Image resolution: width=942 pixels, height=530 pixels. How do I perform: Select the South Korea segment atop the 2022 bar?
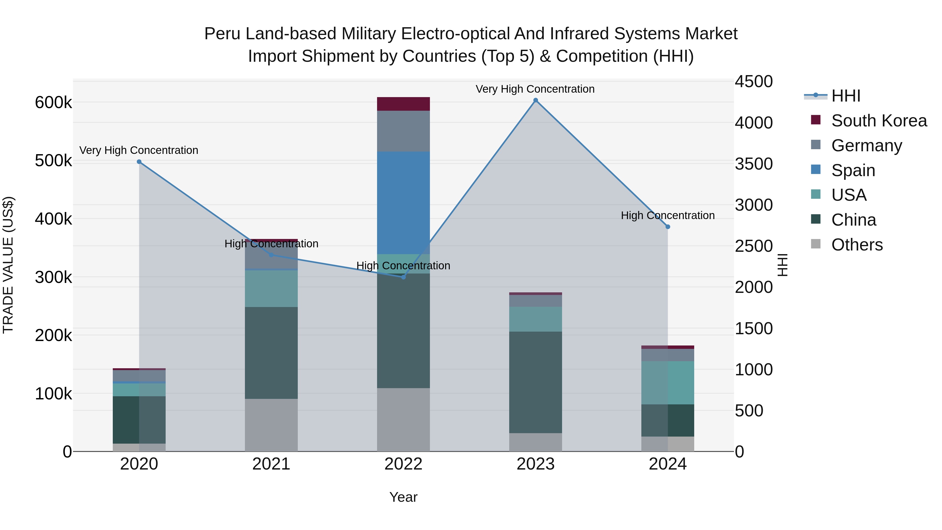click(x=403, y=104)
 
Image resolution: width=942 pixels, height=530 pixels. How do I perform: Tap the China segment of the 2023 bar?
click(x=535, y=382)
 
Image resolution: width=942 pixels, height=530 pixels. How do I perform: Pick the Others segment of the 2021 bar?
click(x=271, y=425)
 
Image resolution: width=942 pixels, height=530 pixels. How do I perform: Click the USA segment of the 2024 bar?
click(x=668, y=383)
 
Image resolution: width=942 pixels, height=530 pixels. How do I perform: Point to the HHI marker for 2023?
click(x=535, y=100)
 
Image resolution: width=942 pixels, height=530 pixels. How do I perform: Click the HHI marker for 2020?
click(x=139, y=162)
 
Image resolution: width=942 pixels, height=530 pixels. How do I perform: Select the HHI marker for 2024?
click(x=668, y=227)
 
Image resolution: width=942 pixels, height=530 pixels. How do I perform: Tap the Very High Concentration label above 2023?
click(x=535, y=89)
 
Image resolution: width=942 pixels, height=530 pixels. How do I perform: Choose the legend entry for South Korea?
click(x=879, y=121)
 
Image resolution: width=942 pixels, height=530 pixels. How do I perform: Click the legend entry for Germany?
click(x=866, y=146)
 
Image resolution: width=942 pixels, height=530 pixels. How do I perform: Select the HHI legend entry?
click(x=845, y=96)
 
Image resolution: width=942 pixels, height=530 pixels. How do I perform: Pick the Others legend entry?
click(x=857, y=245)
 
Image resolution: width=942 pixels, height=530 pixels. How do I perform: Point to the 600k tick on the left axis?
click(x=53, y=103)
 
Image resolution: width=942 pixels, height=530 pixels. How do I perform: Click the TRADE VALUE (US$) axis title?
click(x=8, y=265)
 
